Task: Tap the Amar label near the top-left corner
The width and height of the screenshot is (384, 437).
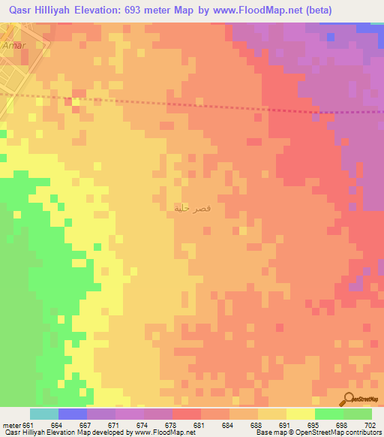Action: pos(14,46)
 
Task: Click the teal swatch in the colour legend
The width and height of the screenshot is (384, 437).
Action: pos(44,414)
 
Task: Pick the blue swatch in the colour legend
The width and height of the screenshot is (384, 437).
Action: pos(73,414)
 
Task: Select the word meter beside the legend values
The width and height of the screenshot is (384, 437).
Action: pos(11,426)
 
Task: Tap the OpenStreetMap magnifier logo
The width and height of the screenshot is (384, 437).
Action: pos(350,399)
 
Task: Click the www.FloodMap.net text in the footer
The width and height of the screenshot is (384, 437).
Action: pos(160,433)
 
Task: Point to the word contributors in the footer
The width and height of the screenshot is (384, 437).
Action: pos(362,433)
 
